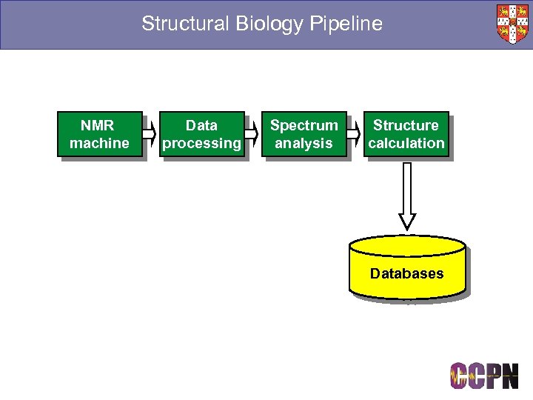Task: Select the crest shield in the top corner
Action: click(512, 24)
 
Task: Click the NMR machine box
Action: click(99, 134)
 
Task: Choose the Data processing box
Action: click(201, 134)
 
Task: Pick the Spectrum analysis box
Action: click(304, 134)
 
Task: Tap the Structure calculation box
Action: click(406, 134)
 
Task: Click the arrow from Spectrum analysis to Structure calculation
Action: click(356, 134)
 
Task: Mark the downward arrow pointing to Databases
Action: click(407, 195)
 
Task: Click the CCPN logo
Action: click(484, 376)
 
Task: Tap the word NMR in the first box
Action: click(99, 125)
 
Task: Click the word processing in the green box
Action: click(201, 143)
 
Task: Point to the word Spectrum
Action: click(304, 125)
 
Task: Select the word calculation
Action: click(406, 143)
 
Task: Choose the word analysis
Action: click(304, 143)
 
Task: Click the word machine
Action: click(99, 143)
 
